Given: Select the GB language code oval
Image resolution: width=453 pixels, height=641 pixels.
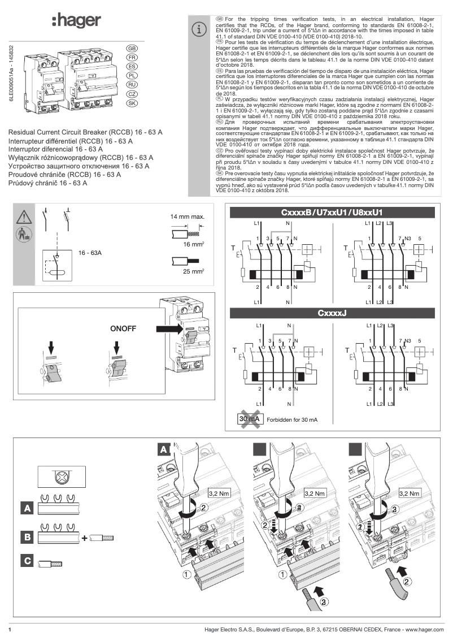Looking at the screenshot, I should pos(132,49).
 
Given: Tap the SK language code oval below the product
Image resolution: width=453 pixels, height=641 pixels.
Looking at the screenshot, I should pos(132,103).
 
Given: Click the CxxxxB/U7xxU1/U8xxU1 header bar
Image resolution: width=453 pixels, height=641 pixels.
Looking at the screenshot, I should pos(332,213).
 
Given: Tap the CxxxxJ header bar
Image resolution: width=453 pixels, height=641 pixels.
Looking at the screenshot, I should pos(332,313).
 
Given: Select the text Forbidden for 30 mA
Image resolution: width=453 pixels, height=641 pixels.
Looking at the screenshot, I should pos(292,420).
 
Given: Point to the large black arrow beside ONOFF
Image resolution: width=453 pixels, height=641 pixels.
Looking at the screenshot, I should pos(168,328).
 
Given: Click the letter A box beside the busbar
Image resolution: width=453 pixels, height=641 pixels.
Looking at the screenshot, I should pos(27,508).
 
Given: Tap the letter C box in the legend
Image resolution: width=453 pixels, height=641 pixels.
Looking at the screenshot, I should pos(27,561).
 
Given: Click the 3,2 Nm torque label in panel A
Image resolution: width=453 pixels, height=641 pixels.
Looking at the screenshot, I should pos(220,493).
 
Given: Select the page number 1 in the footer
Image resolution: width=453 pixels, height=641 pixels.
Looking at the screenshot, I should pos(10,629).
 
